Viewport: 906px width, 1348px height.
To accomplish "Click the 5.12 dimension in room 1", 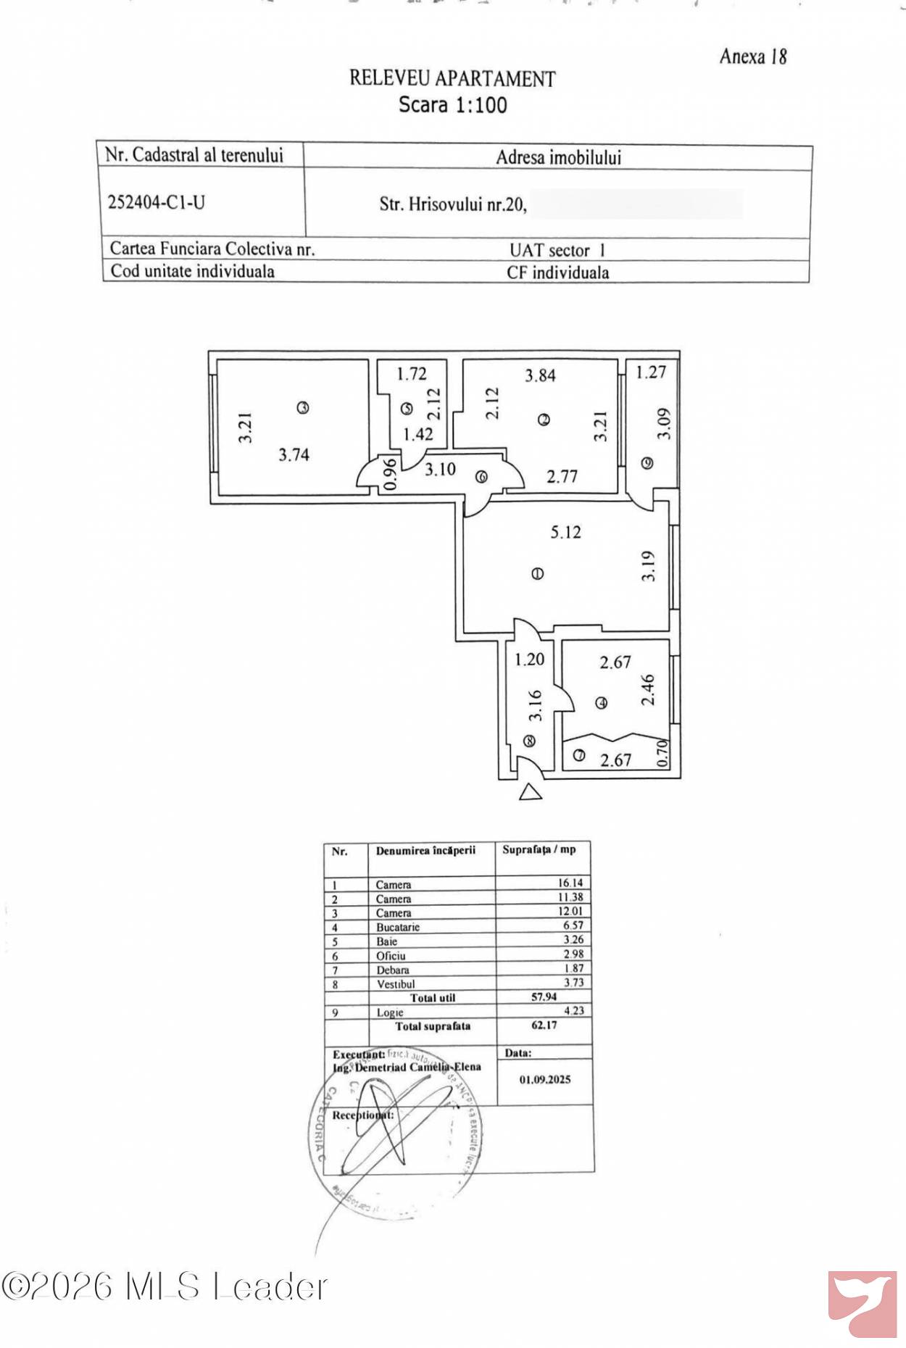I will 565,532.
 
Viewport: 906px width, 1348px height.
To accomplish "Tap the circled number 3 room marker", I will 303,408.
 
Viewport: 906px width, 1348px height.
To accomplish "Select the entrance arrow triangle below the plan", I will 531,792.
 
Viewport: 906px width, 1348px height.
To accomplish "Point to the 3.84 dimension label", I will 540,375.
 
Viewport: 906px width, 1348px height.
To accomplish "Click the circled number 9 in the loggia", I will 647,462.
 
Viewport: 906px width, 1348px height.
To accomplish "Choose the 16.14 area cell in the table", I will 570,883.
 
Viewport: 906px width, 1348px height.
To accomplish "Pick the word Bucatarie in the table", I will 397,927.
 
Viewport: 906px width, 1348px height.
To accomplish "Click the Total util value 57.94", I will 544,997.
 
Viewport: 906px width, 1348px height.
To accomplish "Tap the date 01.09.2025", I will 544,1079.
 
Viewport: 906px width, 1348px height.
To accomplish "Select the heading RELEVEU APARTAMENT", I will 452,78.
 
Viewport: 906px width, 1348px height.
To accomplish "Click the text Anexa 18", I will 753,57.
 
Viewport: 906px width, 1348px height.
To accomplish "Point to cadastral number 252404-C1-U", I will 157,202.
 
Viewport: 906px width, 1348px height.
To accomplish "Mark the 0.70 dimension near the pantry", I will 661,754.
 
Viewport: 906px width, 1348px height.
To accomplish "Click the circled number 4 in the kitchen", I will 601,702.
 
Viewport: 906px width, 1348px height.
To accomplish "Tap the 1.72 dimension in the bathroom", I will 411,374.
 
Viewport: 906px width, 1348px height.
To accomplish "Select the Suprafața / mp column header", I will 539,849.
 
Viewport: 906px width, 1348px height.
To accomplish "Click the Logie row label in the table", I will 389,1012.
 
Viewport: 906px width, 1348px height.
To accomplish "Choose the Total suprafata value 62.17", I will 544,1025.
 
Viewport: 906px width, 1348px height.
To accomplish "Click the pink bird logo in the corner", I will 863,1303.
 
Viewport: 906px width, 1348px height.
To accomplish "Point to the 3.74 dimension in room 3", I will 294,454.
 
